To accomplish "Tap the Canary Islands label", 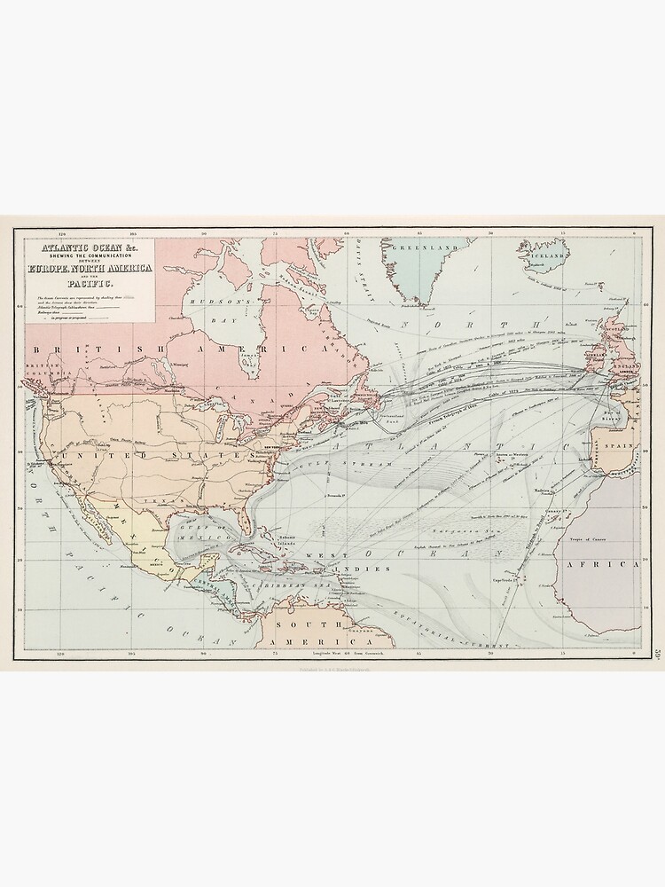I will (556, 510).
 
